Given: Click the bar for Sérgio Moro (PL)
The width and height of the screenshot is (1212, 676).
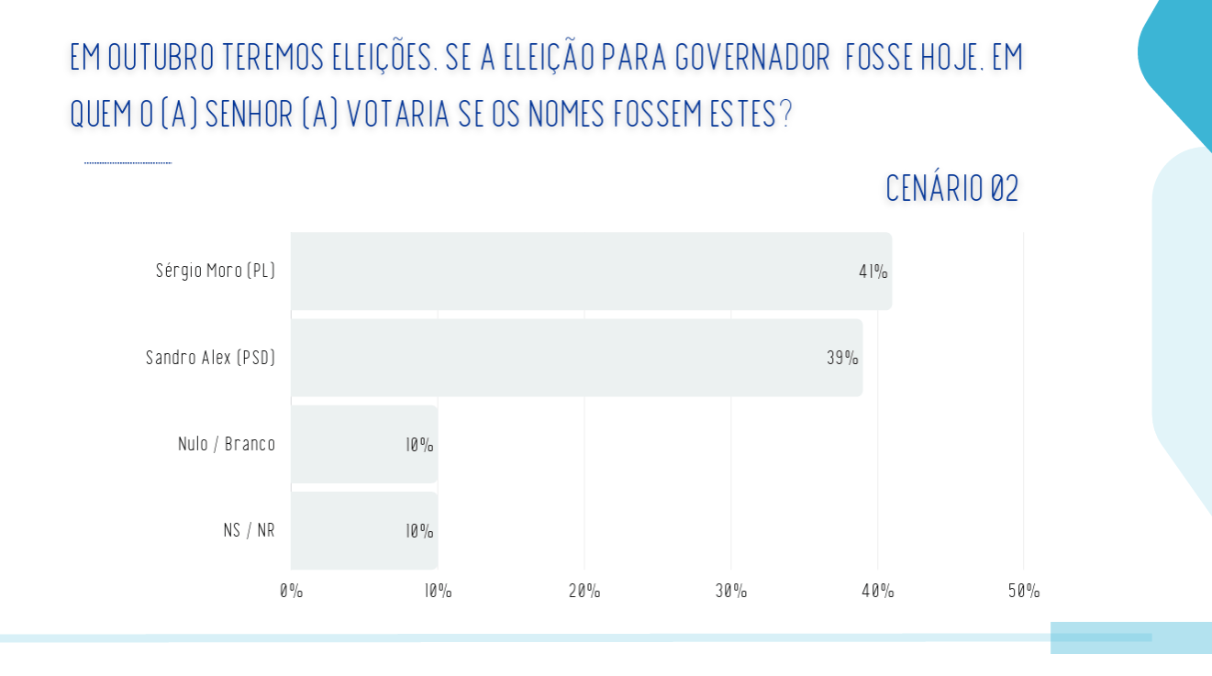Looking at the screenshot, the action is click(x=592, y=271).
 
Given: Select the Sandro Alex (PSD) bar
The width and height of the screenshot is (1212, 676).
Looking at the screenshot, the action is click(x=577, y=358).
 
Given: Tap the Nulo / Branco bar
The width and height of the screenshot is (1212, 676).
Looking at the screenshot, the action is click(x=364, y=444).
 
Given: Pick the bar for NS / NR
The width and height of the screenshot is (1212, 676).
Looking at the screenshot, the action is click(x=364, y=530).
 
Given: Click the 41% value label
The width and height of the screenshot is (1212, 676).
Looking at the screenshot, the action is click(x=873, y=272).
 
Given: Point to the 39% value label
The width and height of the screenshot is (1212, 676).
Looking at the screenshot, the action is click(x=842, y=358).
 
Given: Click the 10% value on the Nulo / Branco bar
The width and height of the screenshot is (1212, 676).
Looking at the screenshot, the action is click(x=419, y=445).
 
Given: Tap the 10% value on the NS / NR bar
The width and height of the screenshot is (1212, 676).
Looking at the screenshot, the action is click(x=419, y=532).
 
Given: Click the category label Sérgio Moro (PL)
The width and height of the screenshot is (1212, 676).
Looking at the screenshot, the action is click(x=216, y=271).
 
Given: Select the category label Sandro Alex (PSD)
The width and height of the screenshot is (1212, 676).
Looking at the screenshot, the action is click(x=210, y=358).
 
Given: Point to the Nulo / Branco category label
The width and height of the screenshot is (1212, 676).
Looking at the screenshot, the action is click(x=227, y=444).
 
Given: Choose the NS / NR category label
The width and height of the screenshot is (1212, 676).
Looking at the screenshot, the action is click(x=249, y=530).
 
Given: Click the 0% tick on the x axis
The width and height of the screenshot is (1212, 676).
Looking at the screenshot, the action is click(x=291, y=591).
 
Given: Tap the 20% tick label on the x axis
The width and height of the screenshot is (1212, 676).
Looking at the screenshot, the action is click(x=584, y=591).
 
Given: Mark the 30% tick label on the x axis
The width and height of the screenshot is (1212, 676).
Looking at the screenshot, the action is click(x=731, y=591).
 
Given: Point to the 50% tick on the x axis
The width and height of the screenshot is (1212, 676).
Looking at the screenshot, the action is click(x=1024, y=591).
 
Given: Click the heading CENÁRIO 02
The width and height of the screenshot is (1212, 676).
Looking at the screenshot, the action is click(x=951, y=189).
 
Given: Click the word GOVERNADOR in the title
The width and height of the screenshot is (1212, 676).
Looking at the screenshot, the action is click(x=752, y=57).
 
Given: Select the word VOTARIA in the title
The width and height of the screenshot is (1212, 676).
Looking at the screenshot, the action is click(x=397, y=114).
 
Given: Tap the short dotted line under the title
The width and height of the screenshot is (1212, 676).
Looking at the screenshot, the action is click(x=128, y=162).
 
